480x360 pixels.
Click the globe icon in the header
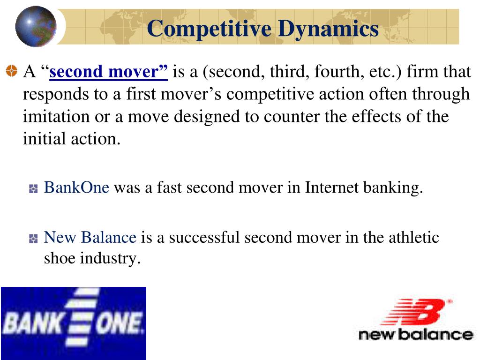click(36, 26)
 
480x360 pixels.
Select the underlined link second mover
click(109, 72)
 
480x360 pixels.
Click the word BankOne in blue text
click(76, 187)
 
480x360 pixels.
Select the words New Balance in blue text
click(90, 237)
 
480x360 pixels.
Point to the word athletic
click(414, 237)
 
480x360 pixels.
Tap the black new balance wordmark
click(415, 334)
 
